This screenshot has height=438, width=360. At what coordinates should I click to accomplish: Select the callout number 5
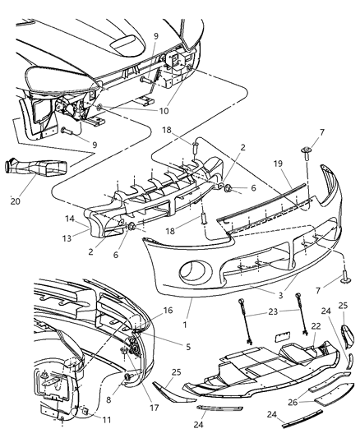pyautogui.click(x=188, y=348)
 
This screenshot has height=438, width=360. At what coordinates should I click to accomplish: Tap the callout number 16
pyautogui.click(x=168, y=312)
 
